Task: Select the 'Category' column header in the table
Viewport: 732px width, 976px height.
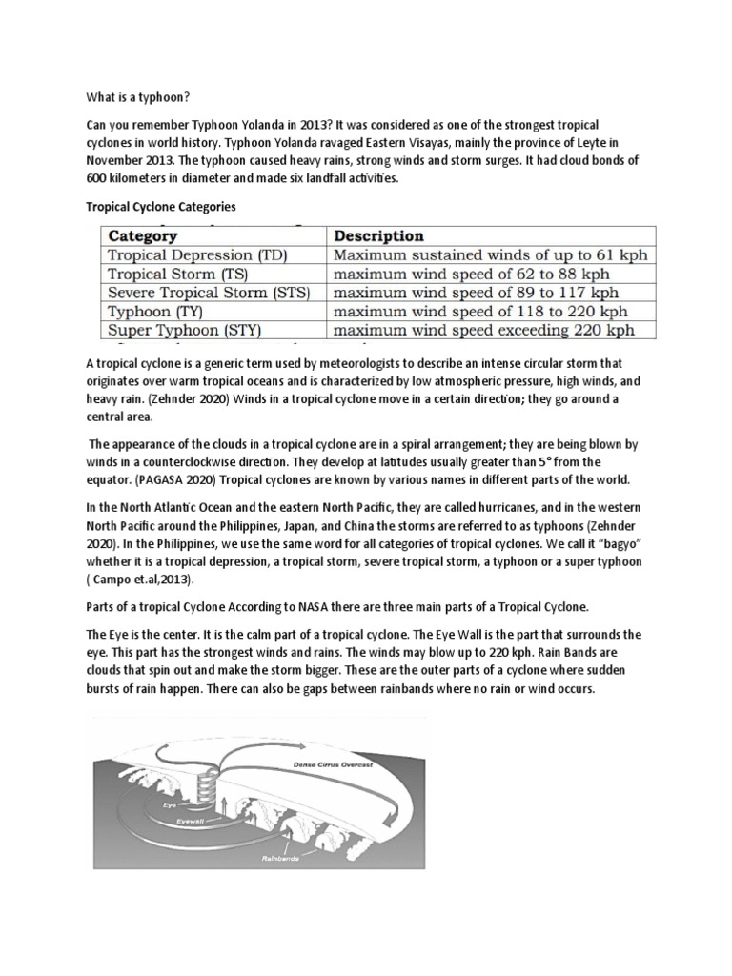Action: (143, 235)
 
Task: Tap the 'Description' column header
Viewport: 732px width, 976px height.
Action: (378, 235)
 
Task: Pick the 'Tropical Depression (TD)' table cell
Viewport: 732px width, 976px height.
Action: (197, 255)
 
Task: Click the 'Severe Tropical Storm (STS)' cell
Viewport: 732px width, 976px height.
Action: (209, 293)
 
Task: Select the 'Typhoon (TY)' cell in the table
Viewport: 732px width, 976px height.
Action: (156, 312)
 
